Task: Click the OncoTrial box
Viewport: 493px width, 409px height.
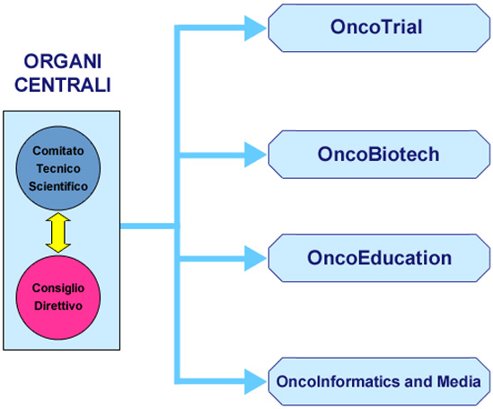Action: pos(379,28)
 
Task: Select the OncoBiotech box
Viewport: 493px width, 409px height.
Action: pos(379,155)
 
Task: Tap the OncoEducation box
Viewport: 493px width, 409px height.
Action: pos(379,258)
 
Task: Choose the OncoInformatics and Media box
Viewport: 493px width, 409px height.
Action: pos(379,381)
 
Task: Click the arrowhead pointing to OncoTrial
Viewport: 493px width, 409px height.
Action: pos(255,29)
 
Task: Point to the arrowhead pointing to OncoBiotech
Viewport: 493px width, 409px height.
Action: pos(255,155)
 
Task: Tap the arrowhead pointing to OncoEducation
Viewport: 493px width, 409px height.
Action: pos(255,258)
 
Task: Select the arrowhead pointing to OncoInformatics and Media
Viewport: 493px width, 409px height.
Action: pos(255,382)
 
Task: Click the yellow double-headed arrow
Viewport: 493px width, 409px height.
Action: pos(58,233)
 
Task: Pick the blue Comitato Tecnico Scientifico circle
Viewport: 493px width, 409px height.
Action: pos(58,168)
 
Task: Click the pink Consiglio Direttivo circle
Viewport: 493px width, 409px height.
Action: pos(58,298)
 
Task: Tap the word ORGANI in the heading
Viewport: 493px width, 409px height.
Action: pos(63,61)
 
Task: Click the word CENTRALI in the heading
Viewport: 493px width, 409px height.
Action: pos(63,84)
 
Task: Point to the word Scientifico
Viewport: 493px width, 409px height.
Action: pos(58,186)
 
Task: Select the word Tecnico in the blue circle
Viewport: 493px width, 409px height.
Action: pos(58,169)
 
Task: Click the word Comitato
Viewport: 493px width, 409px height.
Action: pos(58,151)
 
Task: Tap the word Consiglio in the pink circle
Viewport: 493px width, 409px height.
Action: pos(58,289)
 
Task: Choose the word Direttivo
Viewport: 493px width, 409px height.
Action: pos(58,306)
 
